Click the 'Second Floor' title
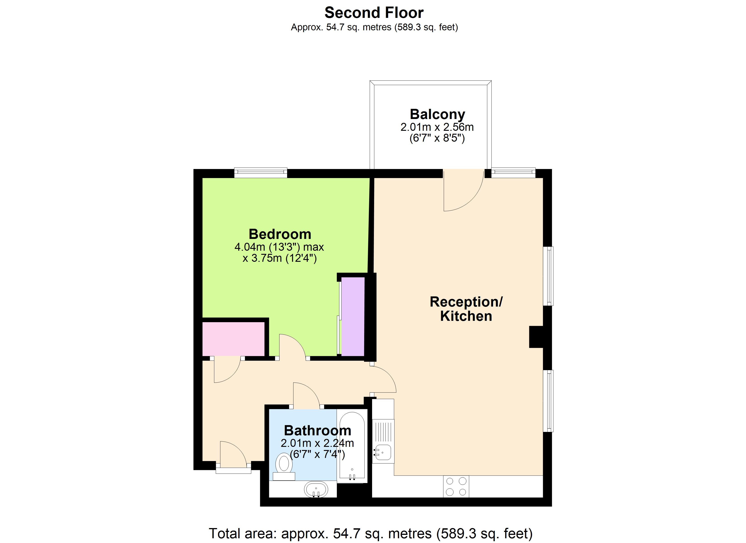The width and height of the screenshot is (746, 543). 374,13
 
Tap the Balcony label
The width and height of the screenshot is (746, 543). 437,114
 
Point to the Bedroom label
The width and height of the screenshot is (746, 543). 280,234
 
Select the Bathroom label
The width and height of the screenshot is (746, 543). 317,430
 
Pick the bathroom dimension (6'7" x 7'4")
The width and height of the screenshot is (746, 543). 317,454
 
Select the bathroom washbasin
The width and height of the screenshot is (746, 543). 316,489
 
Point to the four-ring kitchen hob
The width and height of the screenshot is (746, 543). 456,486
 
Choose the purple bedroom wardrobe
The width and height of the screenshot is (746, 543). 353,316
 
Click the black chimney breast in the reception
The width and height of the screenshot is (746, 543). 536,337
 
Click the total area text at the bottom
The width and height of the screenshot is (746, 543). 371,533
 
